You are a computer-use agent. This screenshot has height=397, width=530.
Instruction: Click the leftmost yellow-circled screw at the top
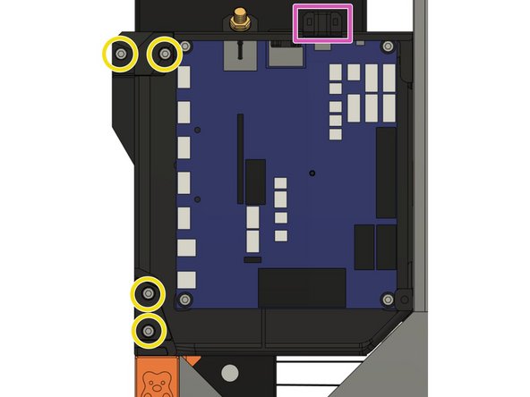[x=121, y=55]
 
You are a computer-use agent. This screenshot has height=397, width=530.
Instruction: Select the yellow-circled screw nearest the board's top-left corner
[x=165, y=55]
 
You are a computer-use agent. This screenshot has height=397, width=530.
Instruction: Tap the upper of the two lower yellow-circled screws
[x=148, y=293]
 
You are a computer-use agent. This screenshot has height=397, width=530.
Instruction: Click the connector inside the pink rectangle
[x=323, y=22]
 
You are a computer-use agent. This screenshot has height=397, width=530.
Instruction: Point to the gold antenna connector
[x=240, y=19]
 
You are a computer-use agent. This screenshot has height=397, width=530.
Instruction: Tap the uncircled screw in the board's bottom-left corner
[x=185, y=298]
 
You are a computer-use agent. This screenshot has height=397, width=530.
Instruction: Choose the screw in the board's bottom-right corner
[x=387, y=298]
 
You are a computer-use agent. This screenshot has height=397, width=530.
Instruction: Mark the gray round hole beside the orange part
[x=230, y=371]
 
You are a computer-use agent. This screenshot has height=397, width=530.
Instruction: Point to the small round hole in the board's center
[x=312, y=172]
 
